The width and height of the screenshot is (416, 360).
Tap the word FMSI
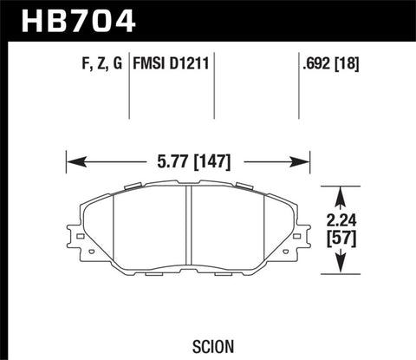tap(151, 62)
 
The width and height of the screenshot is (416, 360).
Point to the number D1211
tap(190, 62)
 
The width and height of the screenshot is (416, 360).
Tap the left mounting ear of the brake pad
tap(71, 235)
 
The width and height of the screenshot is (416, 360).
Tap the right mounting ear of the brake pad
tap(305, 235)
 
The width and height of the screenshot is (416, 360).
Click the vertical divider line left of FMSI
tap(129, 87)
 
